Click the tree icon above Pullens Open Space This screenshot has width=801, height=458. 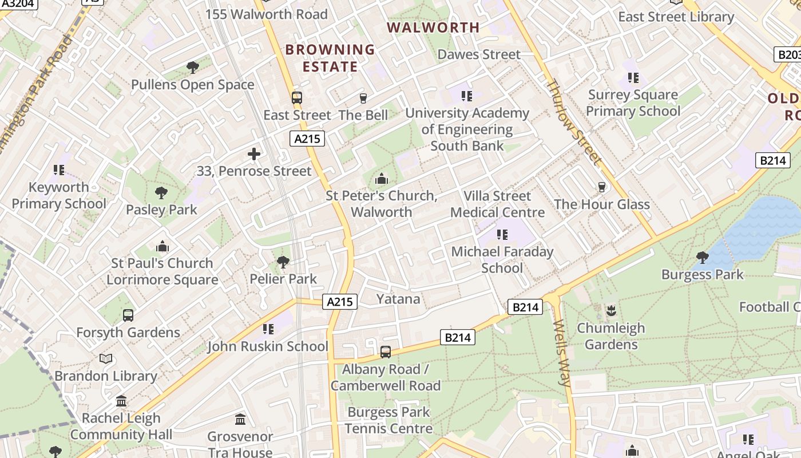click(193, 68)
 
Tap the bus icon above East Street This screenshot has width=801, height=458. click(296, 97)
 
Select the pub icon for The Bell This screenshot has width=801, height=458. click(363, 98)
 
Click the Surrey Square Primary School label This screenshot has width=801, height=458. click(633, 103)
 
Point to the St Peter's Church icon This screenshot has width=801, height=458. click(382, 179)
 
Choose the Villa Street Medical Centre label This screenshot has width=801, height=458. click(497, 204)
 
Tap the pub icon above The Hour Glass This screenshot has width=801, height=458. click(601, 187)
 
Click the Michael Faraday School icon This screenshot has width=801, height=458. click(502, 234)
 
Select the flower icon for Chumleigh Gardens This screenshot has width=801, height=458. click(610, 311)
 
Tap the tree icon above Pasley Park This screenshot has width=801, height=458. click(161, 193)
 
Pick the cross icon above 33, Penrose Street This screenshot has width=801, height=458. click(254, 154)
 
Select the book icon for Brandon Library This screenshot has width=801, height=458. click(106, 359)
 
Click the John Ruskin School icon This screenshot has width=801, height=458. click(268, 329)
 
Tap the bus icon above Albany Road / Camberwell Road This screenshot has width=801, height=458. click(386, 352)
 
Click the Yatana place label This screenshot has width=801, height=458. click(398, 299)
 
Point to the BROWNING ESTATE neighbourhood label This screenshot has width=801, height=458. click(330, 58)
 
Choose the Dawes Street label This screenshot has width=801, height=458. click(479, 54)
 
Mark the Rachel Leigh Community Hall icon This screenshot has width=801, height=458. click(121, 401)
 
